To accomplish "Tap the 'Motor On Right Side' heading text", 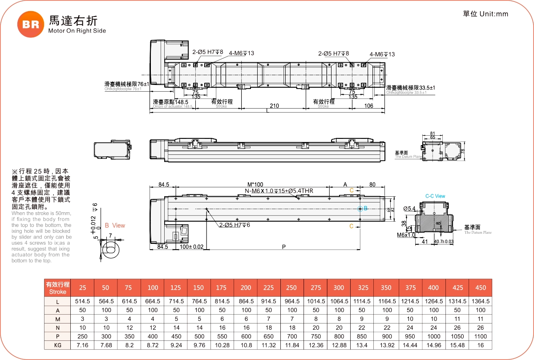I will pos(77,31).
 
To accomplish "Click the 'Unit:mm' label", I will pos(494,14).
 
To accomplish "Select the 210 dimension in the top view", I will pos(274,106).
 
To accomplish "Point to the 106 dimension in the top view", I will pos(368,106).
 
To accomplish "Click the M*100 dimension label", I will pos(255,185).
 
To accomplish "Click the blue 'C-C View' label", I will pos(435,196).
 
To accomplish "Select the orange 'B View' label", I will pos(115,226).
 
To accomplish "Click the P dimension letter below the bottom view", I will pos(284,247).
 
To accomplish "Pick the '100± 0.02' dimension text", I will pos(191,247).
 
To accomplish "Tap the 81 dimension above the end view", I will pos(433,133).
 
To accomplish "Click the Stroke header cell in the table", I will pos(57,288).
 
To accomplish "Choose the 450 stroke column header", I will pos(481,288).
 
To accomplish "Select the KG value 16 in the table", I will pos(481,345).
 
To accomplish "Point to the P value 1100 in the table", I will pos(481,336).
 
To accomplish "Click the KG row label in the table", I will pos(57,345).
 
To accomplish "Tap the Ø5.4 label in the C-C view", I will pos(409,209).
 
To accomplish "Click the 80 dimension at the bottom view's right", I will pos(372,185).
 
